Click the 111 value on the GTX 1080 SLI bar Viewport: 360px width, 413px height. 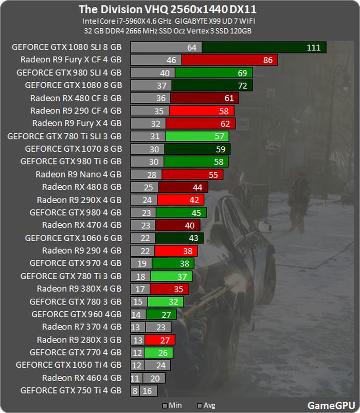[x=313, y=47]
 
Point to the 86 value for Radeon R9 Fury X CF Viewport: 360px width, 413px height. [x=267, y=60]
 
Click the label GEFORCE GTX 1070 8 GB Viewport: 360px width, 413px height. [x=73, y=149]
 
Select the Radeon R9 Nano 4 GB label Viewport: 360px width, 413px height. [x=78, y=174]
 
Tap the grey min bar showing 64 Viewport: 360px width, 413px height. [x=166, y=47]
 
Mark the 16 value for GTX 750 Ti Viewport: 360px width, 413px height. [x=147, y=391]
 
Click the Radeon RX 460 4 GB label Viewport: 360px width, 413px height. [x=82, y=378]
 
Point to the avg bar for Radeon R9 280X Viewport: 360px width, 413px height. [x=160, y=339]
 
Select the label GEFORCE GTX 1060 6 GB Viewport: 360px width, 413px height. [x=73, y=238]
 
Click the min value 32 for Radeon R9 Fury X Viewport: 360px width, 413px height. [x=156, y=123]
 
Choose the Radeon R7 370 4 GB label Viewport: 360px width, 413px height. [x=82, y=327]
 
